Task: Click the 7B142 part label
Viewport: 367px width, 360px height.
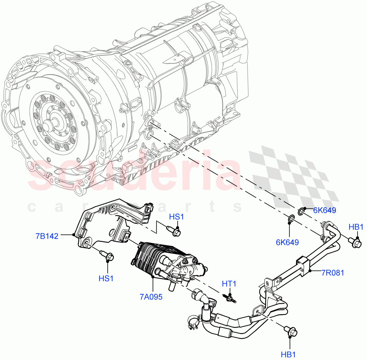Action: coord(47,236)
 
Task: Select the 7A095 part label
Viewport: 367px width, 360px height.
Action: coord(151,296)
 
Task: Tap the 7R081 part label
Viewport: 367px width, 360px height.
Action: coord(332,272)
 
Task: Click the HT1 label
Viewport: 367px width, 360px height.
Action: coord(229,284)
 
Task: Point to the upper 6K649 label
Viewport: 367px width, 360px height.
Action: coord(324,210)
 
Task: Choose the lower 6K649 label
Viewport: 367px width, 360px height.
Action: coord(287,242)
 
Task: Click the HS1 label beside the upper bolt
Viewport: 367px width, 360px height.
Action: coord(176,217)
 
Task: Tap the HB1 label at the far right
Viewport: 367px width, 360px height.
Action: coord(356,227)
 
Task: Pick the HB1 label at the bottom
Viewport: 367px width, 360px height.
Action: coord(288,354)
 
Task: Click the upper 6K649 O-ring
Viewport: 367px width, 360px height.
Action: coord(301,211)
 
